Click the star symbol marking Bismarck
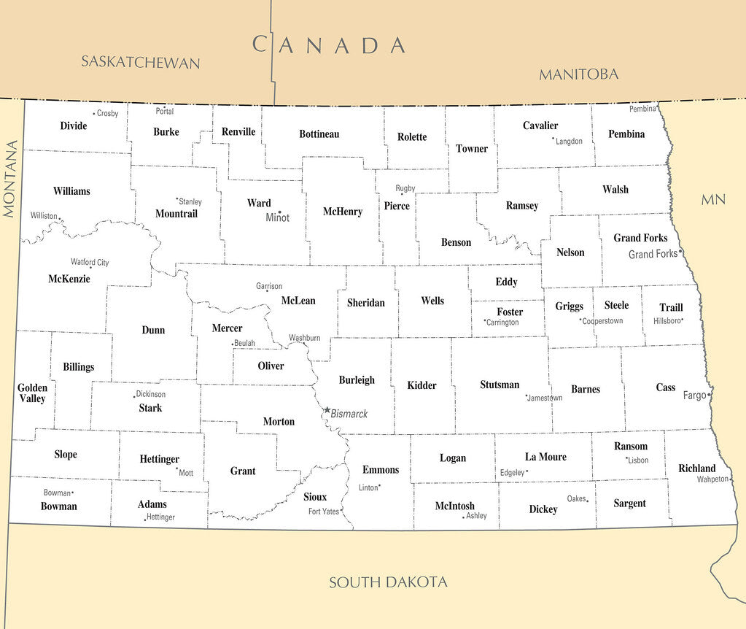[x=327, y=410]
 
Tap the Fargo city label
[x=694, y=395]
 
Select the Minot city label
[x=277, y=217]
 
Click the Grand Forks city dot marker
[x=680, y=251]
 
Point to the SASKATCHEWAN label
[x=140, y=62]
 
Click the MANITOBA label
[x=578, y=74]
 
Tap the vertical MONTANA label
[x=9, y=179]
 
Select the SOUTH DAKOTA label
[x=388, y=582]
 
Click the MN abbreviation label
[x=713, y=199]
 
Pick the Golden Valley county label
[x=32, y=393]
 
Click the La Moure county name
[x=545, y=457]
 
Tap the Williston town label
[x=44, y=215]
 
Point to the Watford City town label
[x=90, y=262]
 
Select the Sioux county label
[x=315, y=497]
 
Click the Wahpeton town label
[x=712, y=479]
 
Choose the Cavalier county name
[x=540, y=126]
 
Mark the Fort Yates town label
[x=323, y=512]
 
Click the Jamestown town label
[x=545, y=398]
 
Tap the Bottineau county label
[x=319, y=134]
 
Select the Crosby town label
[x=107, y=113]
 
